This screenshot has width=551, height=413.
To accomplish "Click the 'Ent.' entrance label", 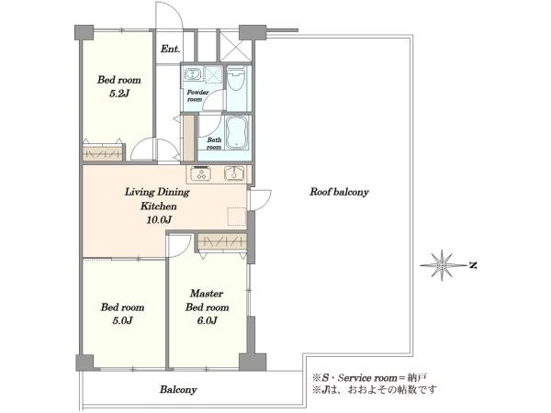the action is click(170, 49).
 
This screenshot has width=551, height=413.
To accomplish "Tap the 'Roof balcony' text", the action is click(339, 192).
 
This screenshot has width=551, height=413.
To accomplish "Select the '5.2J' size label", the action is click(118, 94).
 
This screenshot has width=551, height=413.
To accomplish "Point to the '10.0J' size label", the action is click(159, 220).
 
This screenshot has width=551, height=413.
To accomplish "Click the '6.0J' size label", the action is click(207, 320).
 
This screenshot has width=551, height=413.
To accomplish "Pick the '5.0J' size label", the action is click(122, 320).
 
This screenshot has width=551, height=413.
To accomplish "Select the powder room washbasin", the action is click(192, 74).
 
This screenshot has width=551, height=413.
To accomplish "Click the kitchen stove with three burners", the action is click(200, 173).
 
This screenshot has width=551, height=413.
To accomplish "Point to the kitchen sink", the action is click(233, 173).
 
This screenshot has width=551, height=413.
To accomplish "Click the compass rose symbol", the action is click(442, 265).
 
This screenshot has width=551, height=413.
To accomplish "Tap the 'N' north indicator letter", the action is click(473, 265).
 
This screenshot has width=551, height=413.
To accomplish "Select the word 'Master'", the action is click(207, 294).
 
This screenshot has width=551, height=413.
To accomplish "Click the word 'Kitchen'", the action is click(159, 206).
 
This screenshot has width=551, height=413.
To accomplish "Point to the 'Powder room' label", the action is click(197, 95).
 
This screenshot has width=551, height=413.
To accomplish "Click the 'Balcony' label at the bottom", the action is click(178, 389).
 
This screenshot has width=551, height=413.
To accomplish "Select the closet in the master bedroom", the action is click(221, 241).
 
